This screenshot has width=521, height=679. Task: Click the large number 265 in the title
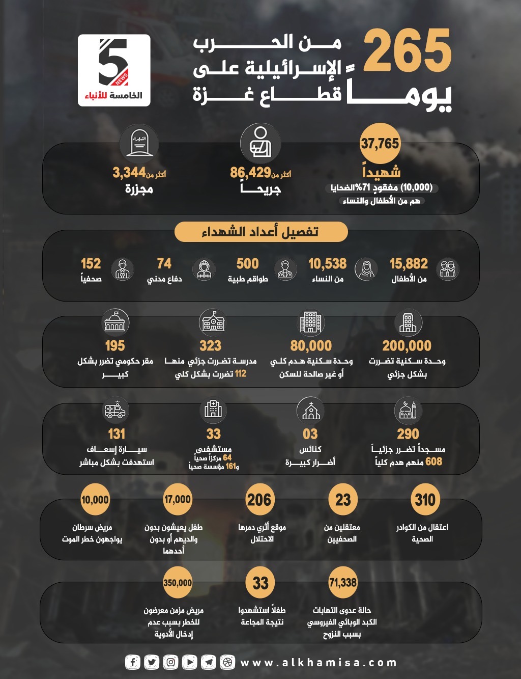pyautogui.click(x=407, y=51)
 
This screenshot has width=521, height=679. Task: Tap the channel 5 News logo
pyautogui.click(x=114, y=70)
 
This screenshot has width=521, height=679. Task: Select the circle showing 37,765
pyautogui.click(x=380, y=144)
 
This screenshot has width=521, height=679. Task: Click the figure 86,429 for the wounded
pyautogui.click(x=250, y=173)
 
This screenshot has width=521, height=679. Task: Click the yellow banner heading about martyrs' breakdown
pyautogui.click(x=260, y=232)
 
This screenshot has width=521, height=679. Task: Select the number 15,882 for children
pyautogui.click(x=409, y=264)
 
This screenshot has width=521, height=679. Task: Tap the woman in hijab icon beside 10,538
pyautogui.click(x=367, y=269)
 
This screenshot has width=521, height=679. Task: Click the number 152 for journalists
pyautogui.click(x=91, y=264)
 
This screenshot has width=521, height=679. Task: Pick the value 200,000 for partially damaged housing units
pyautogui.click(x=407, y=346)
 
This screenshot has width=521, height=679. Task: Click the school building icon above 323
pyautogui.click(x=213, y=322)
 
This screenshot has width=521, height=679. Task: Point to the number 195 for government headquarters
pyautogui.click(x=114, y=346)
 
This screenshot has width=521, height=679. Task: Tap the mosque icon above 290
pyautogui.click(x=408, y=411)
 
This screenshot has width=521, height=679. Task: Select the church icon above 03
pyautogui.click(x=310, y=411)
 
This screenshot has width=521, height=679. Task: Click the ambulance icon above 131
pyautogui.click(x=115, y=411)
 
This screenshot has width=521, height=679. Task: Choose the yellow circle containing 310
pyautogui.click(x=424, y=500)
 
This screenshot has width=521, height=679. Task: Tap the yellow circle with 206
pyautogui.click(x=259, y=500)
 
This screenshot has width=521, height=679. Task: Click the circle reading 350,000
pyautogui.click(x=178, y=583)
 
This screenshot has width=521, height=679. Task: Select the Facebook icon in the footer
pyautogui.click(x=133, y=662)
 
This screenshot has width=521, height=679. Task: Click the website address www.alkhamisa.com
pyautogui.click(x=318, y=663)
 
